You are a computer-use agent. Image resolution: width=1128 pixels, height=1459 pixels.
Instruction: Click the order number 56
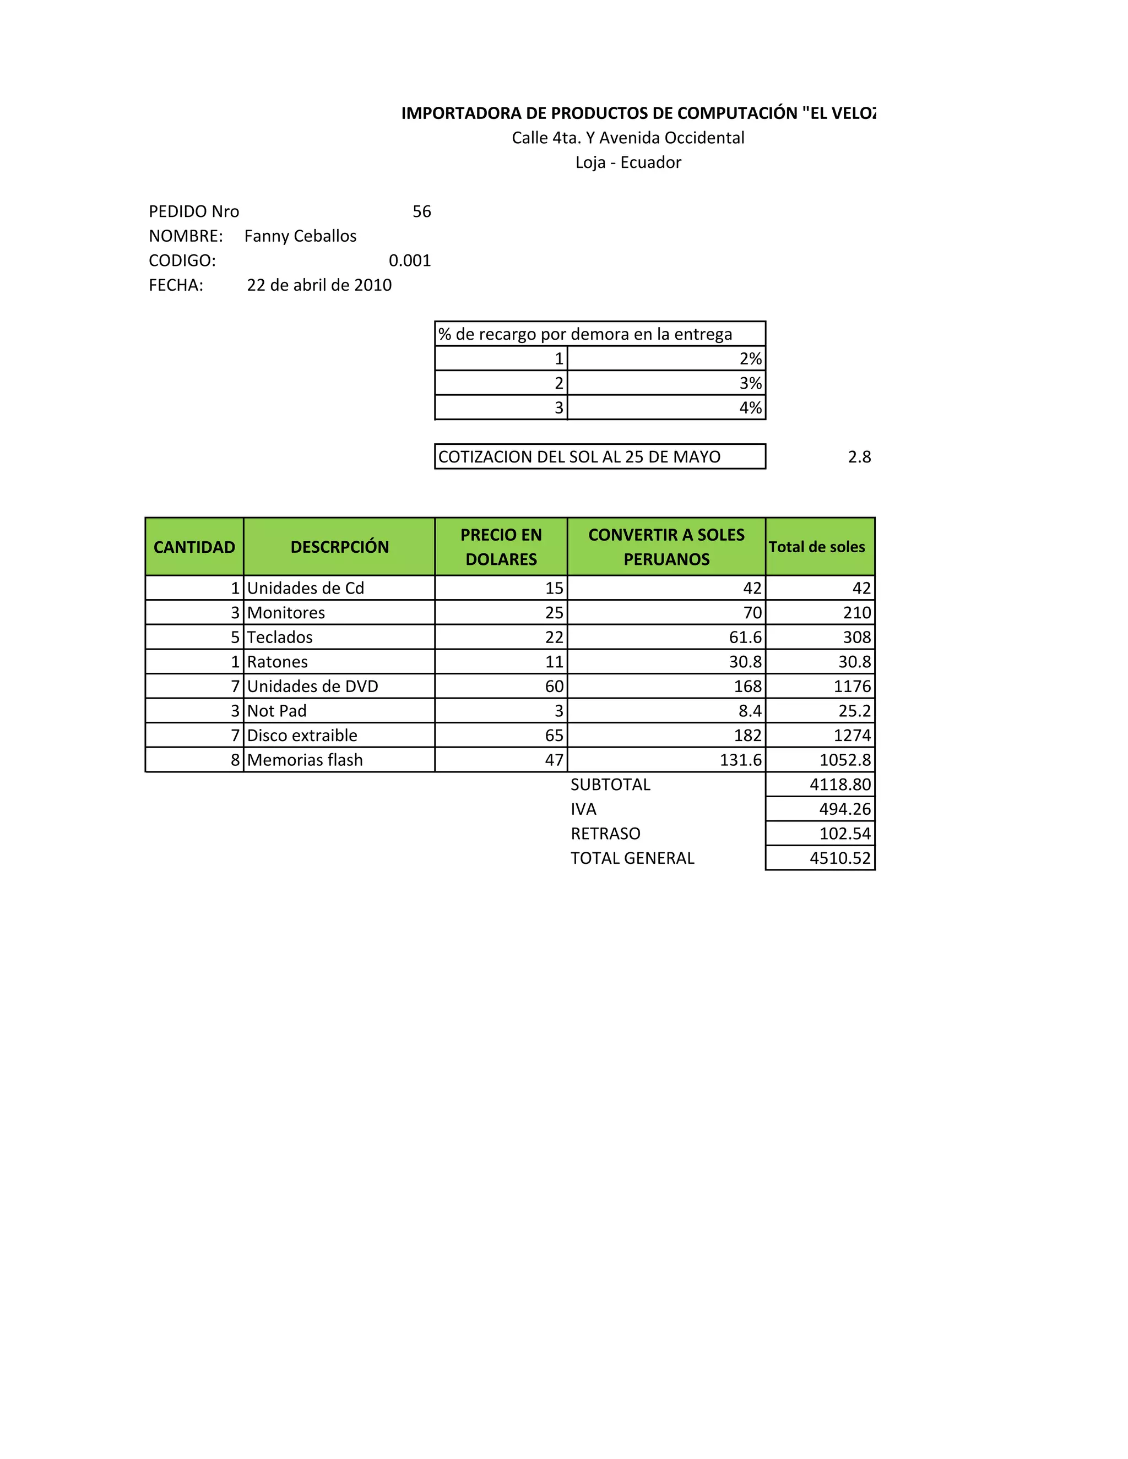(422, 212)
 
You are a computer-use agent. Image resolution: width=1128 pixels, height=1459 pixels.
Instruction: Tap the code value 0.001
(410, 260)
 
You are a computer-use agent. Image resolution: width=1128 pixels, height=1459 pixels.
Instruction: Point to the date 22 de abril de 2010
(319, 285)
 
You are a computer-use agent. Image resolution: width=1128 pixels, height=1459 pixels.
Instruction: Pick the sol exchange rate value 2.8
(859, 457)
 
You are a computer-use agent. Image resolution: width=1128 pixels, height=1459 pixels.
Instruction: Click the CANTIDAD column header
(194, 547)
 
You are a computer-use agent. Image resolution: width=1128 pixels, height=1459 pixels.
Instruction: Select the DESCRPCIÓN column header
(339, 547)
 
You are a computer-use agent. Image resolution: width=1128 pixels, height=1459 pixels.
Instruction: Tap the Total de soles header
(817, 547)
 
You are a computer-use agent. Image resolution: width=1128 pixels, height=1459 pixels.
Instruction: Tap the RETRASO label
(605, 834)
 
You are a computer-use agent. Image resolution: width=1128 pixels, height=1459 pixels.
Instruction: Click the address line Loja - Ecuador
(628, 162)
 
